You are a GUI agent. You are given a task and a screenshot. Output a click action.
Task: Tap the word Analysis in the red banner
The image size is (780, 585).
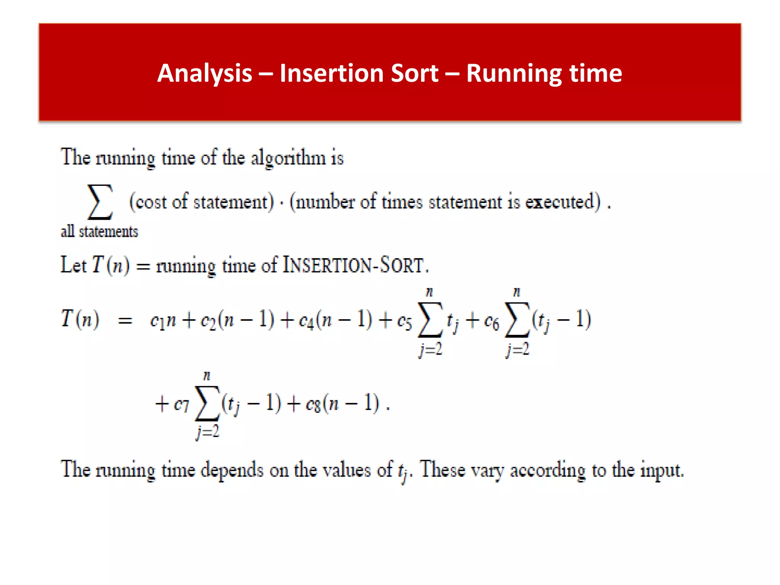pyautogui.click(x=205, y=73)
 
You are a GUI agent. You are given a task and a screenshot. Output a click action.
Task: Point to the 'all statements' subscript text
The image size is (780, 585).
pyautogui.click(x=99, y=232)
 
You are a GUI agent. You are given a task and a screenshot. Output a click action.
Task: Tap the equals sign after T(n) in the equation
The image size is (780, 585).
pyautogui.click(x=125, y=321)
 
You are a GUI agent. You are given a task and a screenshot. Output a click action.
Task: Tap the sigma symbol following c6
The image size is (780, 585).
pyautogui.click(x=517, y=320)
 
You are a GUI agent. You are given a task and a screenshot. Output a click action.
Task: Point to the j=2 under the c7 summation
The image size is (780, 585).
pyautogui.click(x=208, y=432)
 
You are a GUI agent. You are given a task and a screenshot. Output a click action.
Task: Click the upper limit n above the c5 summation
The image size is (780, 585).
pyautogui.click(x=429, y=292)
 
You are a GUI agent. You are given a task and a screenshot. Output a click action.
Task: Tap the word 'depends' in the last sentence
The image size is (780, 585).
pyautogui.click(x=232, y=470)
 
